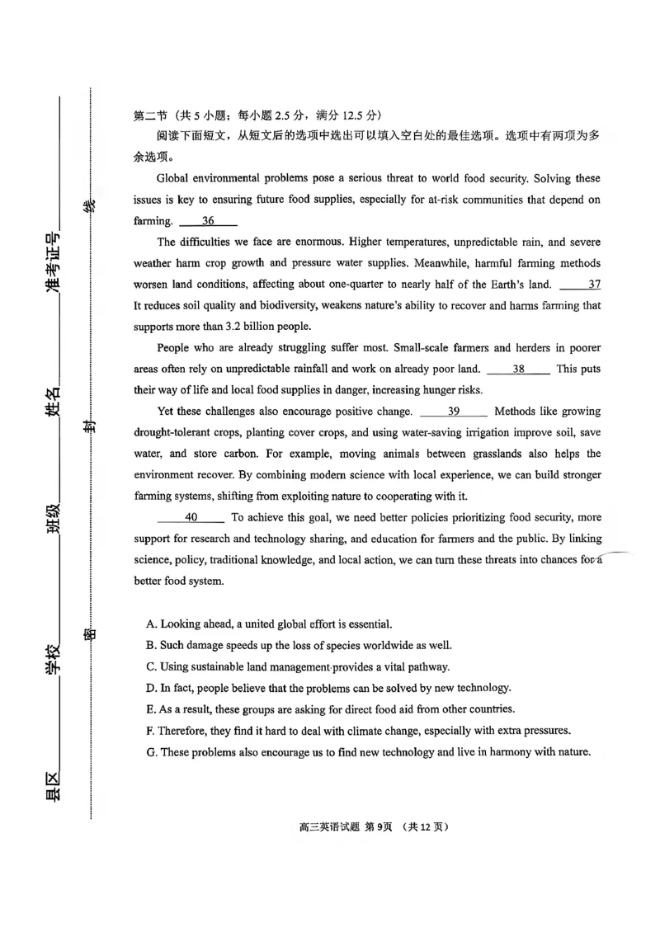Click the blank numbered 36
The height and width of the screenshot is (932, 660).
point(208,221)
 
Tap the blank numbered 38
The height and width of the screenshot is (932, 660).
point(519,370)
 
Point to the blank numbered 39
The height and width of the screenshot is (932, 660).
point(454,412)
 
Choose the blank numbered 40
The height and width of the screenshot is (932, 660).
point(191,518)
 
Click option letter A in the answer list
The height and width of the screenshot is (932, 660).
point(151,624)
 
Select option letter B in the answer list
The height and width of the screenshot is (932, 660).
point(151,646)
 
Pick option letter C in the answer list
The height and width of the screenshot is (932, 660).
point(151,666)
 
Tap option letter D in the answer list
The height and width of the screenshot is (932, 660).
point(151,688)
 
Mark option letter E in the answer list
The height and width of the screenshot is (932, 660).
point(151,709)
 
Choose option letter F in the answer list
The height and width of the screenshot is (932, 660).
point(151,731)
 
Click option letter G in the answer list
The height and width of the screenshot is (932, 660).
point(151,752)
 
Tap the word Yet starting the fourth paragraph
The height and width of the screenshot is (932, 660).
point(167,412)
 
